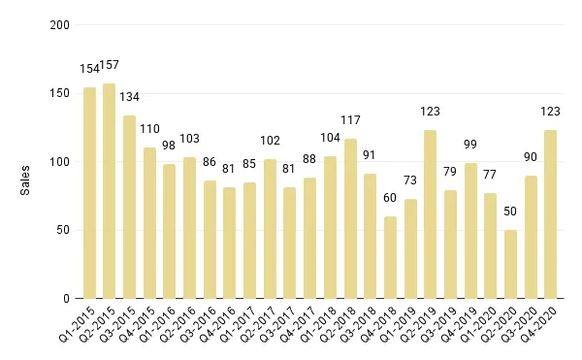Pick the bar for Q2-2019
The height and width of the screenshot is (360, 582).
click(x=430, y=214)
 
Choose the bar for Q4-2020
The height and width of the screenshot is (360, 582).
click(x=550, y=214)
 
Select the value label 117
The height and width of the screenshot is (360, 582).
click(x=350, y=120)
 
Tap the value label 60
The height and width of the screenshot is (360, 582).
click(x=390, y=198)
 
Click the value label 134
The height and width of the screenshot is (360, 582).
click(x=130, y=97)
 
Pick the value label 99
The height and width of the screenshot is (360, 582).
click(x=470, y=145)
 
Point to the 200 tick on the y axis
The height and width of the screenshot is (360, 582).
click(x=60, y=25)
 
